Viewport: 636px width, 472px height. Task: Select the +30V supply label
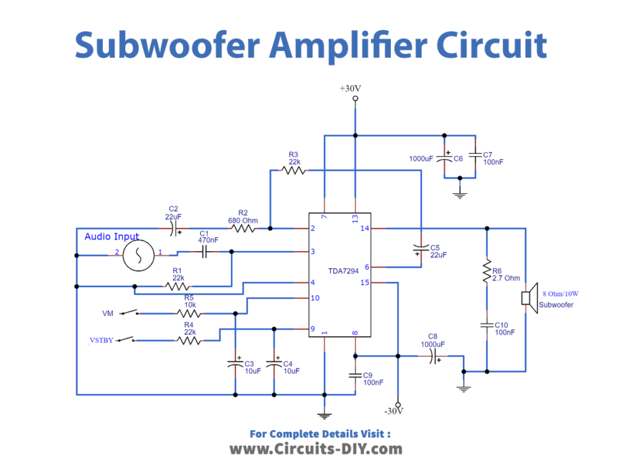coord(351,88)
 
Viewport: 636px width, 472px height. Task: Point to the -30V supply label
coord(393,411)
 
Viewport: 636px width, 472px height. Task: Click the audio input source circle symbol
coord(138,254)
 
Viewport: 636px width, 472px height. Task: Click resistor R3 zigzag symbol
coord(293,170)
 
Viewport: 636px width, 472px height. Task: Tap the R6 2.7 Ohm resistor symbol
coord(487,271)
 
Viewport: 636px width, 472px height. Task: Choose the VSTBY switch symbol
coord(129,340)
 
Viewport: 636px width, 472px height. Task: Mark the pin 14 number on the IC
coord(365,229)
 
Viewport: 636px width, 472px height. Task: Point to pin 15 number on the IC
coord(365,283)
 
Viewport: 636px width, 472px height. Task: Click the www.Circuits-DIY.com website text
coord(315,449)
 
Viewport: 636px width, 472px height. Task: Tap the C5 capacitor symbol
coord(420,248)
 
